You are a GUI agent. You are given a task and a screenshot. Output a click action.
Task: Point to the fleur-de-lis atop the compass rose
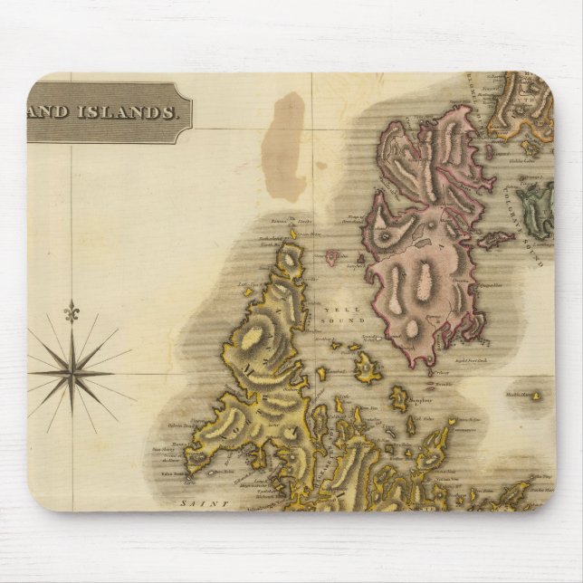(x=70, y=313)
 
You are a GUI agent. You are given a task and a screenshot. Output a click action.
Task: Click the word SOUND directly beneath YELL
(x=348, y=320)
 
